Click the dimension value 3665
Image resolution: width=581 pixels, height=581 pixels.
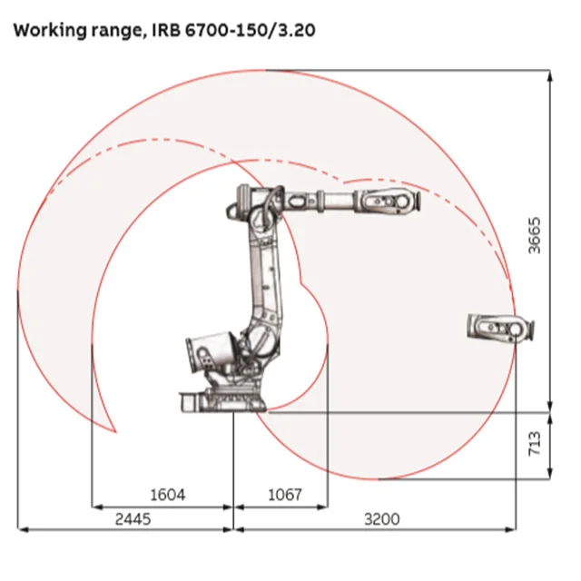point(535,236)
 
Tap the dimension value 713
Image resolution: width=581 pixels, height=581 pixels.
point(535,444)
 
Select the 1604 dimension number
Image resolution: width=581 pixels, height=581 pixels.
point(167,495)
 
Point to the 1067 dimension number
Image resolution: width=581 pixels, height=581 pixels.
point(284,495)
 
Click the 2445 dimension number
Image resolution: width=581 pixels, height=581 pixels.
point(133,519)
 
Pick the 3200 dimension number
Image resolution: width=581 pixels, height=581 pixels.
point(382,519)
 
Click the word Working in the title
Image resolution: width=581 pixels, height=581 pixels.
point(50,30)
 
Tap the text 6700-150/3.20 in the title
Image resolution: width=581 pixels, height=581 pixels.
point(251,30)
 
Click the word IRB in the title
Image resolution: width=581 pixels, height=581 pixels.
point(167,30)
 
